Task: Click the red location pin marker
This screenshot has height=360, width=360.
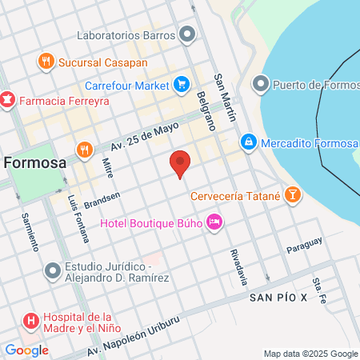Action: pyautogui.click(x=180, y=162)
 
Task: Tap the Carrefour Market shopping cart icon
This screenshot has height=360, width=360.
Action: pyautogui.click(x=182, y=84)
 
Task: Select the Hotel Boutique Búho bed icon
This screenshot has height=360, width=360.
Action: pyautogui.click(x=214, y=222)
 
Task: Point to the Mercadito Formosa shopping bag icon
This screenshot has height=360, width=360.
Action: pyautogui.click(x=249, y=142)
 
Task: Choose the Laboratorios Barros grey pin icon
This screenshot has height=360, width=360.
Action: pyautogui.click(x=188, y=34)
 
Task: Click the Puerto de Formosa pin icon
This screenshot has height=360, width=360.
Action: pyautogui.click(x=261, y=84)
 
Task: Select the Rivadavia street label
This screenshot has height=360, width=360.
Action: pyautogui.click(x=238, y=266)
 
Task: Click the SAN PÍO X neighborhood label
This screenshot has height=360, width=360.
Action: pyautogui.click(x=278, y=298)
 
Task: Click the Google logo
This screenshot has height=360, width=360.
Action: pyautogui.click(x=26, y=350)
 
